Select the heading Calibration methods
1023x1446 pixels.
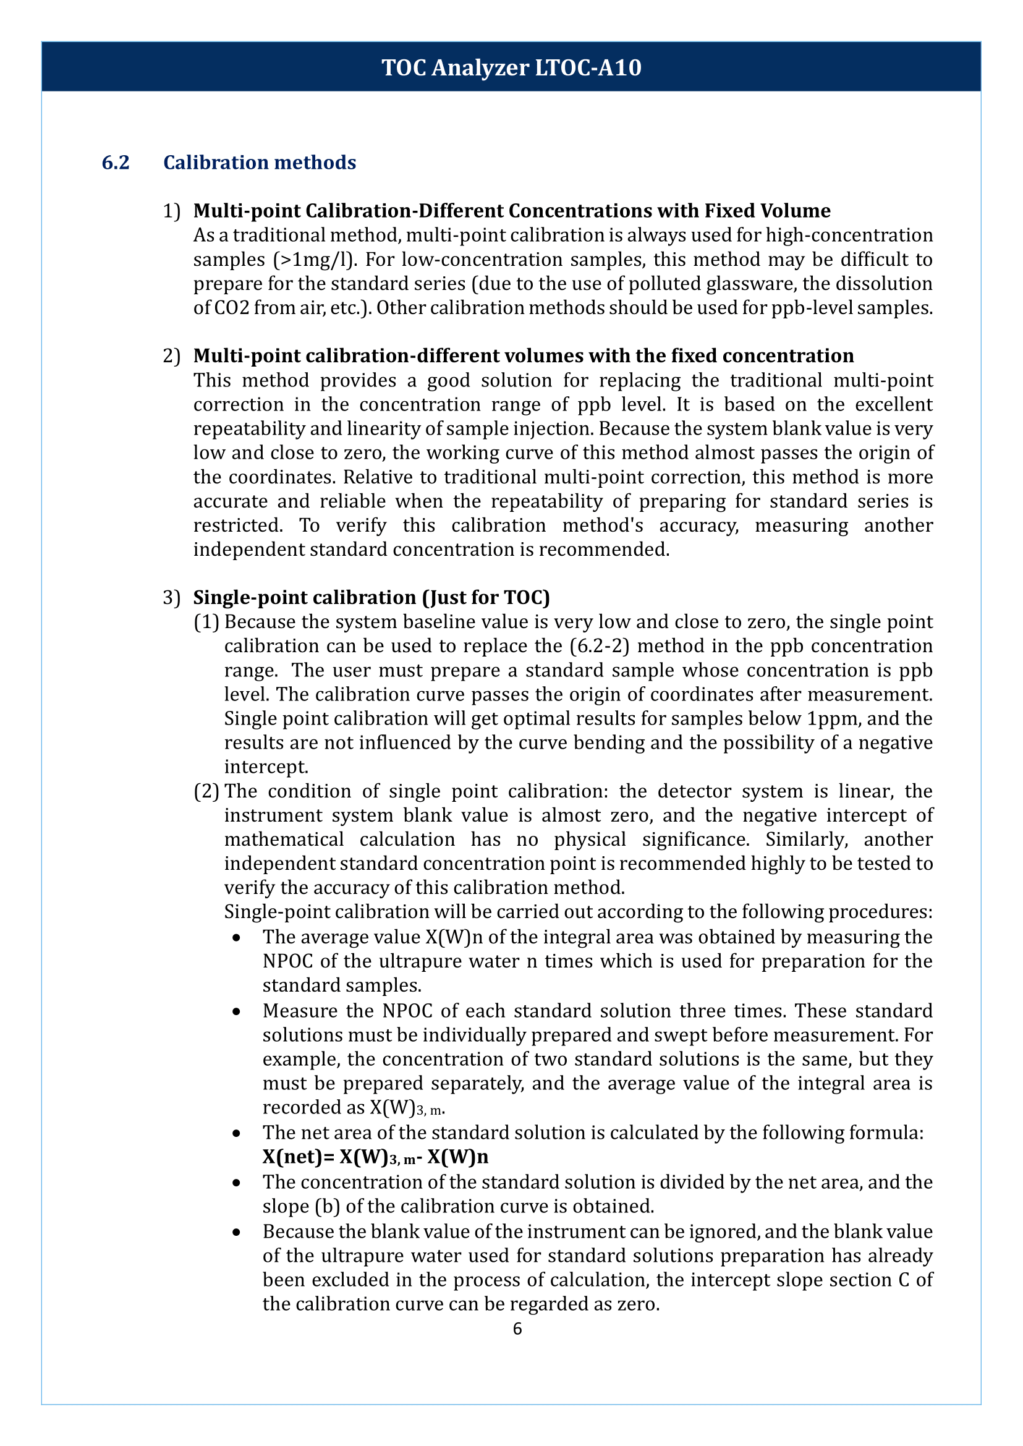coord(260,163)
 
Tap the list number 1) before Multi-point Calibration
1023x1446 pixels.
coord(171,210)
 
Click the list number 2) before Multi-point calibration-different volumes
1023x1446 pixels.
coord(171,356)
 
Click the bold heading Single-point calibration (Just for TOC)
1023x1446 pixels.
coord(371,597)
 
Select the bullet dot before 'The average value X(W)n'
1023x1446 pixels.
coord(236,938)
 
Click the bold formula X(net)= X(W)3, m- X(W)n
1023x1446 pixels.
coord(375,1157)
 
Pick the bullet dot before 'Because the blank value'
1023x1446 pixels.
coord(236,1231)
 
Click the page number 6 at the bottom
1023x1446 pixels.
coord(517,1329)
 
